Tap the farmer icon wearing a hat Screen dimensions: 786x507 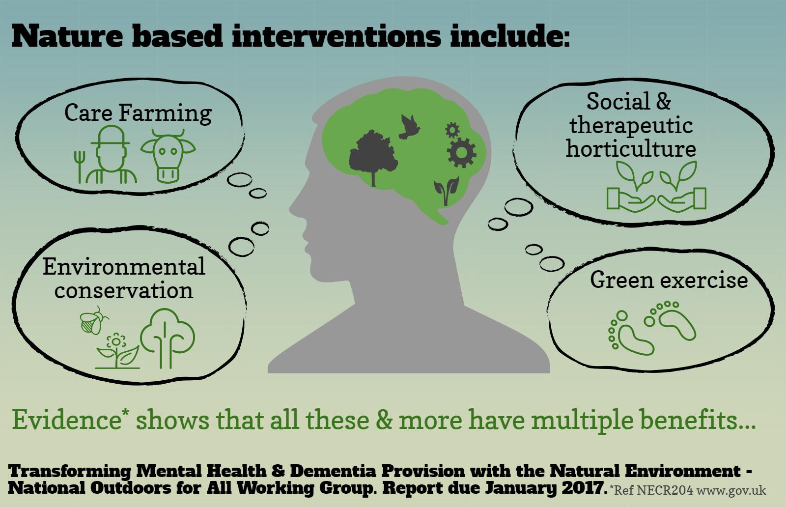tap(111, 154)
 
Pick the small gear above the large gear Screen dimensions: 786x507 tap(452, 130)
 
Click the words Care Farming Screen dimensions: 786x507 tap(138, 113)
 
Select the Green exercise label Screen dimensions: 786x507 tap(669, 281)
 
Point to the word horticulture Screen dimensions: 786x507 tap(631, 149)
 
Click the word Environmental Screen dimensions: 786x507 tap(124, 266)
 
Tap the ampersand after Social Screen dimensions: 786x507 tap(663, 101)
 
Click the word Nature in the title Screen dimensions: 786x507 tap(67, 36)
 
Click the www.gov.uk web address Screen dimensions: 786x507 tap(731, 491)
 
